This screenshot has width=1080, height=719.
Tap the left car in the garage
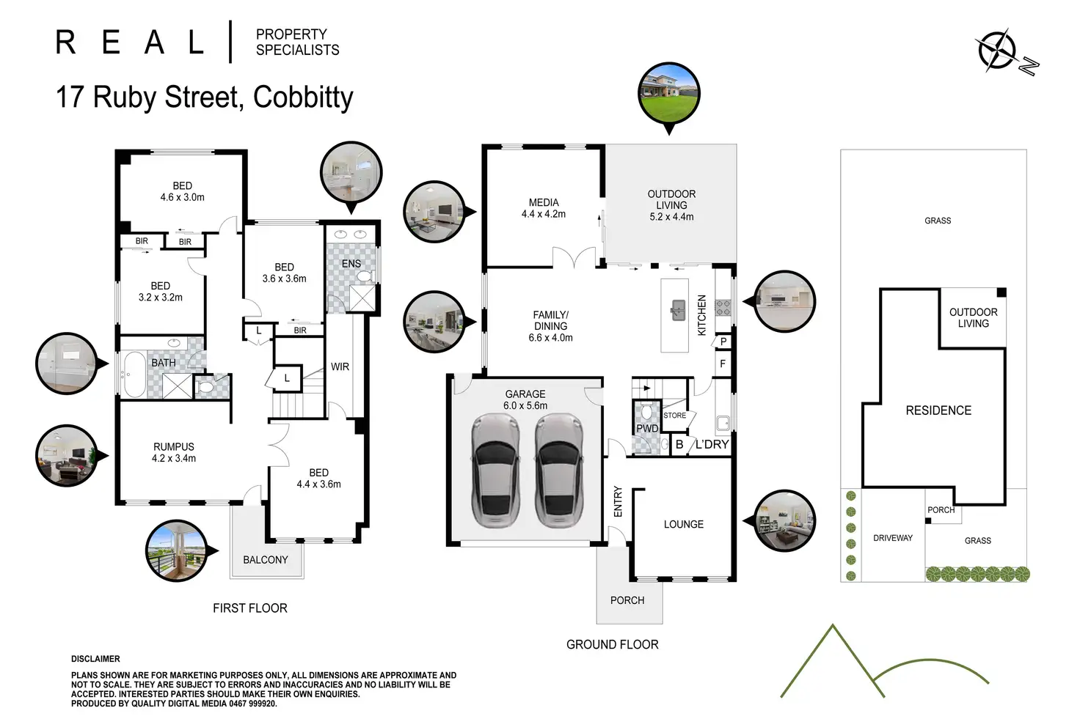pos(497,471)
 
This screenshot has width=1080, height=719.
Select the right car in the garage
pos(559,471)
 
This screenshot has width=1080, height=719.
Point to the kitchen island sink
pos(677,310)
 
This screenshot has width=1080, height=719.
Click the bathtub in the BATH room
pos(135,374)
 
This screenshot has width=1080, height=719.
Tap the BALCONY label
pos(266,560)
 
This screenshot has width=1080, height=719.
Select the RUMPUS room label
pos(174,447)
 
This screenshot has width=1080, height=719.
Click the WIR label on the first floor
pos(340,366)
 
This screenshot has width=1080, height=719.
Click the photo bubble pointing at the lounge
pos(785,520)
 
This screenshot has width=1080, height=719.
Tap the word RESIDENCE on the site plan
pos(938,410)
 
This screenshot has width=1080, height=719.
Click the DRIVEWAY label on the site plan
pos(893,538)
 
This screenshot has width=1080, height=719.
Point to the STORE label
pos(675,416)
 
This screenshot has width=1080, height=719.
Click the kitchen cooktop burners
pos(723,308)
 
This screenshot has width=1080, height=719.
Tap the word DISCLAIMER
pos(95,659)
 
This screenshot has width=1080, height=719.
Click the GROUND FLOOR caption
pos(613,644)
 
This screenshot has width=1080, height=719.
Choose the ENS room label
pos(351,264)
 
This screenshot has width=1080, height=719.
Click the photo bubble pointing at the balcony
pos(177,550)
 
